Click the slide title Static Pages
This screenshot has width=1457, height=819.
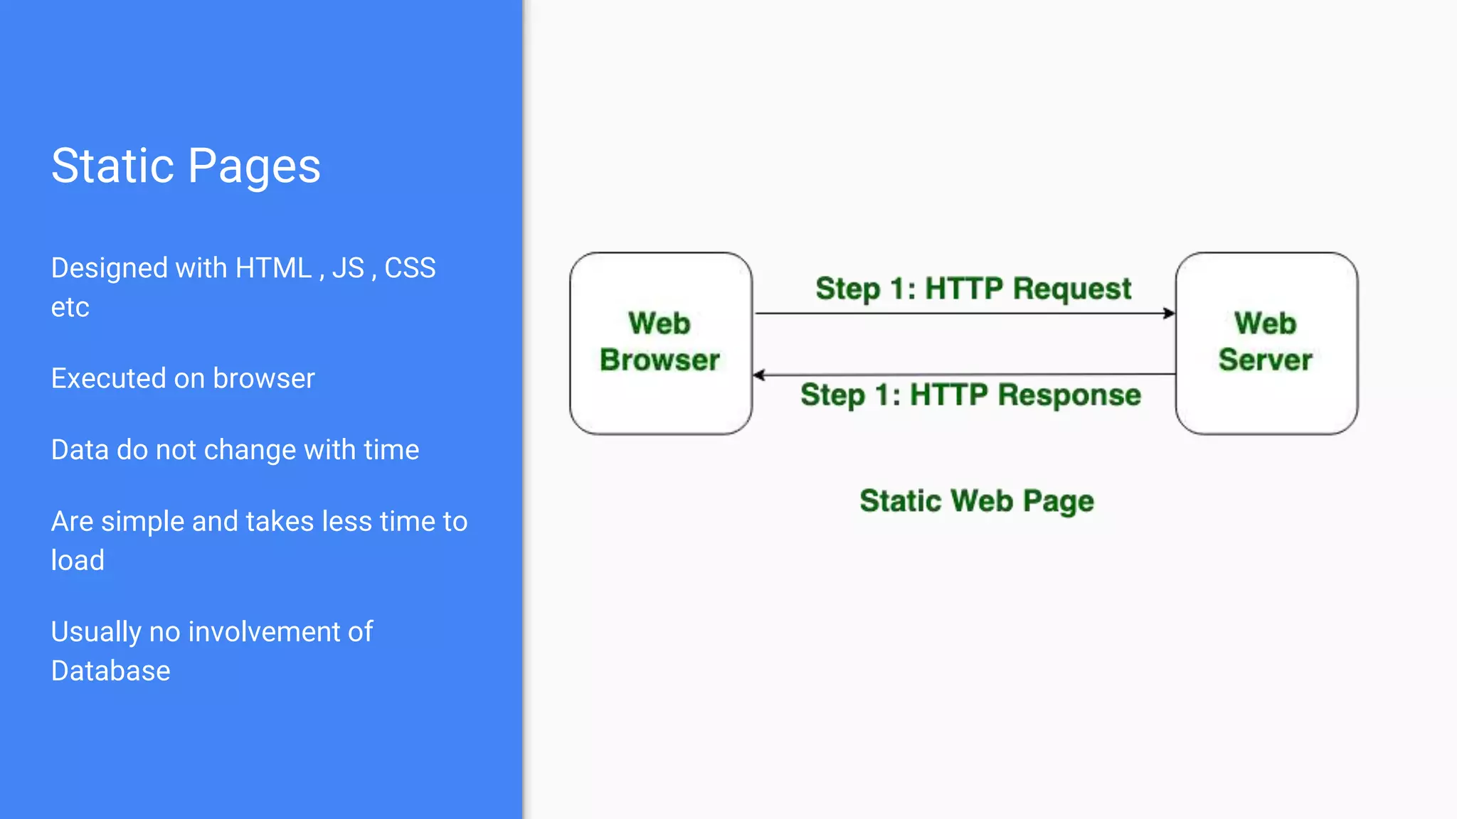tap(186, 166)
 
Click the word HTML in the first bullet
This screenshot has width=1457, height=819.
tap(274, 269)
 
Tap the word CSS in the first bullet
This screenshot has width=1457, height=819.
tap(410, 269)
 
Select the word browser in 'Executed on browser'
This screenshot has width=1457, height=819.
tap(263, 378)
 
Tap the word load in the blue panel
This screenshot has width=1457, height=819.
tap(78, 560)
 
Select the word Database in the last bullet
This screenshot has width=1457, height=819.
tap(110, 671)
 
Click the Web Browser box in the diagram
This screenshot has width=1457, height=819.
tap(660, 343)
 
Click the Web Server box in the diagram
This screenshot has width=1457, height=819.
tap(1266, 343)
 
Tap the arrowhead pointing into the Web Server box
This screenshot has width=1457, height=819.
tap(1169, 313)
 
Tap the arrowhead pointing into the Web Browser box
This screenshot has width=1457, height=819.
tap(759, 375)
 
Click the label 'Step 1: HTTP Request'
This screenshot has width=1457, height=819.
tap(973, 289)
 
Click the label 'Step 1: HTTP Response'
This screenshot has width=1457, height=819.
tap(970, 395)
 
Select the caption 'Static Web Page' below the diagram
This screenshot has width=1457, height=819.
tap(976, 500)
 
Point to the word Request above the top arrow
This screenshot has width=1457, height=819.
tap(1071, 289)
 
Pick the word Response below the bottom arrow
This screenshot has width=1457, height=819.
tap(1069, 395)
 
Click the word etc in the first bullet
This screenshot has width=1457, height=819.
tap(70, 308)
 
